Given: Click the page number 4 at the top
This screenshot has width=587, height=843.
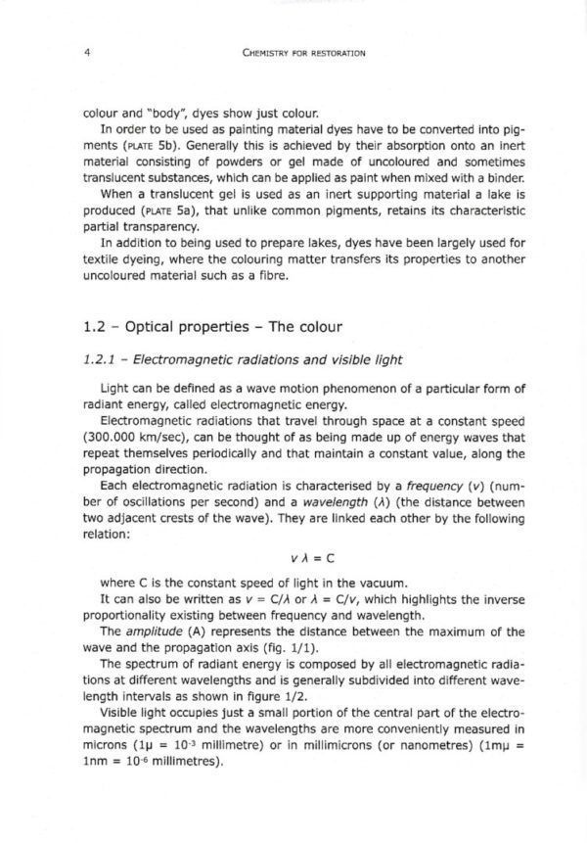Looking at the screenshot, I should tap(88, 53).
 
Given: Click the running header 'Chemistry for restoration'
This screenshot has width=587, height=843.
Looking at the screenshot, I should tap(293, 53).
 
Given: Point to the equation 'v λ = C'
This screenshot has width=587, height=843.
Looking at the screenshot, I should tap(293, 558).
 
